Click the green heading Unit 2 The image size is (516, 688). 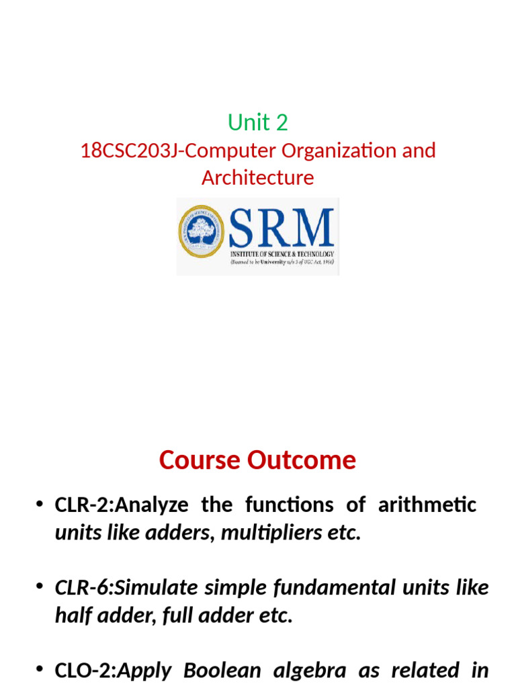[258, 122]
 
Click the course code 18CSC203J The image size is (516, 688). [130, 150]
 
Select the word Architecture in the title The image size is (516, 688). [258, 178]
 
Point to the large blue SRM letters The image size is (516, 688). [282, 228]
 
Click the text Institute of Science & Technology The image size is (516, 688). [282, 255]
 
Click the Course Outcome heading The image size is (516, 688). [257, 460]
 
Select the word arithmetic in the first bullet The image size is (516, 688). [427, 505]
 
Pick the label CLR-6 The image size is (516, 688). [81, 587]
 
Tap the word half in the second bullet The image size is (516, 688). [71, 615]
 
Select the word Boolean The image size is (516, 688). [215, 670]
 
